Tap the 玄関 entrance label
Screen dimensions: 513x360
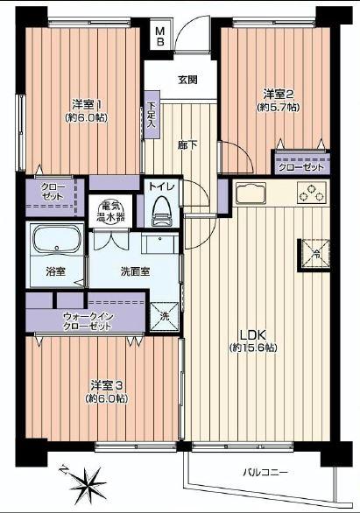pos(187,80)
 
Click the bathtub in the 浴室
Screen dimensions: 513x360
pos(56,241)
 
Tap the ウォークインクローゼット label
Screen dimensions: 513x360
pos(87,320)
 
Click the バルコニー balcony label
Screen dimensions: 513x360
pos(265,473)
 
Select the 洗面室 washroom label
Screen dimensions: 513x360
pos(134,271)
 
